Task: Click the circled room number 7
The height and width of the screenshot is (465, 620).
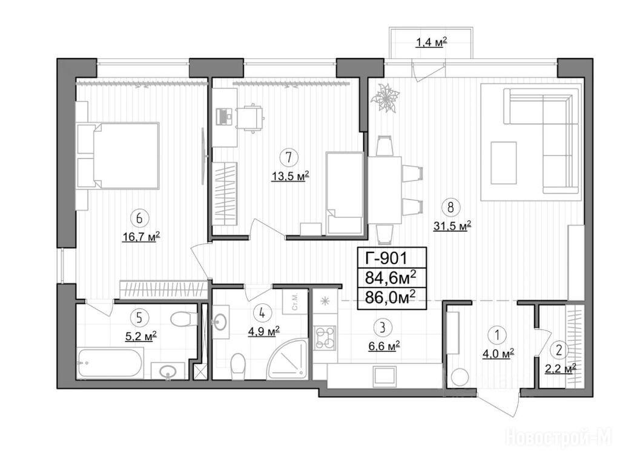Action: tap(289, 157)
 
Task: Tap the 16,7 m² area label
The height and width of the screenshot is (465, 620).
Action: tap(140, 237)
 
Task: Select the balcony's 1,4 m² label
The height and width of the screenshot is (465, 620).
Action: tap(431, 42)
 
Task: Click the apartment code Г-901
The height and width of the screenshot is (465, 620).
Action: tap(386, 258)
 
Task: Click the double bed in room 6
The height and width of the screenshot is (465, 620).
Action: tap(118, 156)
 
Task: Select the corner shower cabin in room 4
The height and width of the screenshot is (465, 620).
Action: tap(288, 359)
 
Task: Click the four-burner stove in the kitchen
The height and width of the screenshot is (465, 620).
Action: tap(325, 338)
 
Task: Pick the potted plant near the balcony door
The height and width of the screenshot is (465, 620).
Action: tap(385, 97)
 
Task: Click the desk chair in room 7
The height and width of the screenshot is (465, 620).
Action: tap(250, 117)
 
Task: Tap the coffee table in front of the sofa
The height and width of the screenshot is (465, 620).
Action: tap(504, 162)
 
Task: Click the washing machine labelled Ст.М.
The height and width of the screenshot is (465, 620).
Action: tap(295, 303)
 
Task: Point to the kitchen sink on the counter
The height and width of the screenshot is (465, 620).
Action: tap(384, 375)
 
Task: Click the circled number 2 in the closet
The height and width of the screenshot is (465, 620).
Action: tap(559, 349)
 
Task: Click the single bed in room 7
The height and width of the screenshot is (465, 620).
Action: tap(345, 193)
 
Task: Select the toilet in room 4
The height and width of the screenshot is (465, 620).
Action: tap(238, 366)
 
